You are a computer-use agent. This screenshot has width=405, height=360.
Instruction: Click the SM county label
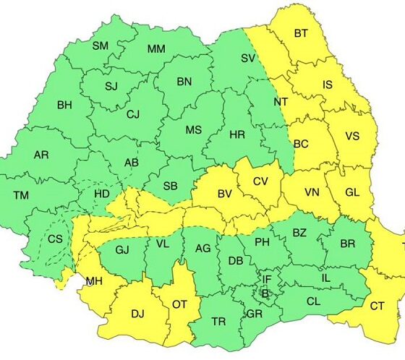(x=101, y=46)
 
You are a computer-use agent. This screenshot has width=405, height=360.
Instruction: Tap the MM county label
(x=156, y=49)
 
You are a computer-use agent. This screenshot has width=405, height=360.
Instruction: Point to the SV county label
(x=248, y=58)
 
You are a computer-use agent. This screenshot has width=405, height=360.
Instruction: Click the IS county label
(x=328, y=85)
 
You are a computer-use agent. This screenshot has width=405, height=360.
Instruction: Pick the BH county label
(x=64, y=106)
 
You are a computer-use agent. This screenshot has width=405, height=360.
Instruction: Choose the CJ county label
(x=132, y=114)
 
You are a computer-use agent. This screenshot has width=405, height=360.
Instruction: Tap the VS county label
(x=352, y=136)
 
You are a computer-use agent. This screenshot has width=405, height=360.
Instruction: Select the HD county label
(x=103, y=194)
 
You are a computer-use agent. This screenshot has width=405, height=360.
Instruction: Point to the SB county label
(x=170, y=186)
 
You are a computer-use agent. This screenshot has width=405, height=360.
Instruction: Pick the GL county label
(x=351, y=192)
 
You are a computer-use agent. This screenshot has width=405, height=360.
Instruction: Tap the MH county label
(x=93, y=280)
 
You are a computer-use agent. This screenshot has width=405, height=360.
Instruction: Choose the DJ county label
(x=137, y=314)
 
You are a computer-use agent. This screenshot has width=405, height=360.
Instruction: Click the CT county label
(x=377, y=306)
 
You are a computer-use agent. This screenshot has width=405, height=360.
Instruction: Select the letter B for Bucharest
(x=265, y=293)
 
